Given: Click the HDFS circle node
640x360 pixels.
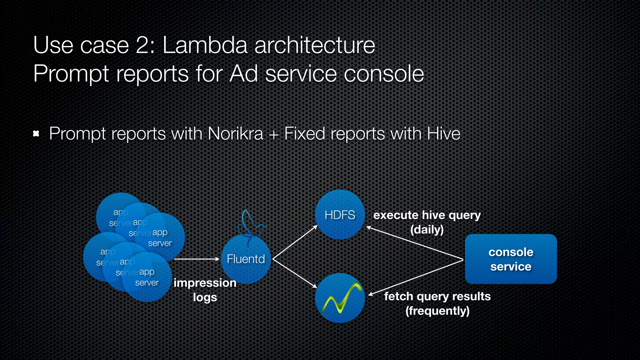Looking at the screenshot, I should pyautogui.click(x=340, y=215).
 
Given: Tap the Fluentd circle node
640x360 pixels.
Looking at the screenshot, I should pyautogui.click(x=246, y=259).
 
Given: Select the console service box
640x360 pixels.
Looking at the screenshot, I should pyautogui.click(x=511, y=259).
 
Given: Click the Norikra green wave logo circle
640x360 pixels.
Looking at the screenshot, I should pyautogui.click(x=340, y=298).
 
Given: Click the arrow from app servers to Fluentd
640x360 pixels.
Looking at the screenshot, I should pyautogui.click(x=197, y=259).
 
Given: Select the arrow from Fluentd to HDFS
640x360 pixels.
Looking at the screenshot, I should pyautogui.click(x=295, y=242).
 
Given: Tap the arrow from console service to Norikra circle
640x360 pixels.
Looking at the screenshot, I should pyautogui.click(x=416, y=277).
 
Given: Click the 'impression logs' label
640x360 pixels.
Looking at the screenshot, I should pyautogui.click(x=205, y=290).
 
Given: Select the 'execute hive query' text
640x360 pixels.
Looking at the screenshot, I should pyautogui.click(x=427, y=215).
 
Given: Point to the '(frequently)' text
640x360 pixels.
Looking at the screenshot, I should pyautogui.click(x=437, y=311).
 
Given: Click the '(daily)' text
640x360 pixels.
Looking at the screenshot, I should pyautogui.click(x=427, y=230).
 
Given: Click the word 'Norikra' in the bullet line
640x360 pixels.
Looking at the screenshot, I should pyautogui.click(x=235, y=134).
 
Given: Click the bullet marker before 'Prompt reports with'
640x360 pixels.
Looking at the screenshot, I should pyautogui.click(x=36, y=134).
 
